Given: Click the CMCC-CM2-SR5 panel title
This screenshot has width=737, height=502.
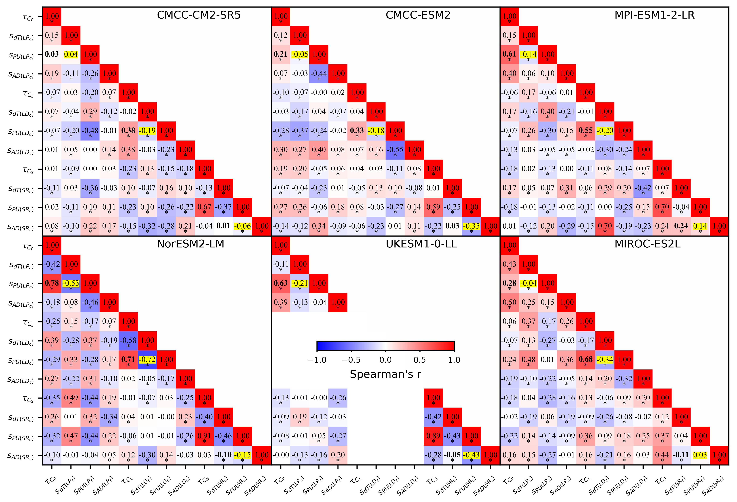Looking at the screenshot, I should pos(199,15).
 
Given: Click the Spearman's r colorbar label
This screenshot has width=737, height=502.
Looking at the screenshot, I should pos(385,374).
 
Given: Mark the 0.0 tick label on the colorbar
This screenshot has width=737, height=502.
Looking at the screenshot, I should pos(385,360).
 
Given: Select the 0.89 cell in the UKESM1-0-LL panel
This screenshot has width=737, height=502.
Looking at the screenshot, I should pos(433,436).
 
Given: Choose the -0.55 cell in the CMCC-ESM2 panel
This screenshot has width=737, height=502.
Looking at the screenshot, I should pos(395,150).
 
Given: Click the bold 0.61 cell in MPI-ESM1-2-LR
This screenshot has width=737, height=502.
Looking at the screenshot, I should pos(509,54).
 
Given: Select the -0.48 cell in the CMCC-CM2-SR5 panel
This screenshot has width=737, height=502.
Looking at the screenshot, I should pos(90,131).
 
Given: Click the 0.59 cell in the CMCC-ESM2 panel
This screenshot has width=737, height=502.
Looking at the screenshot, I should pos(433,207).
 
